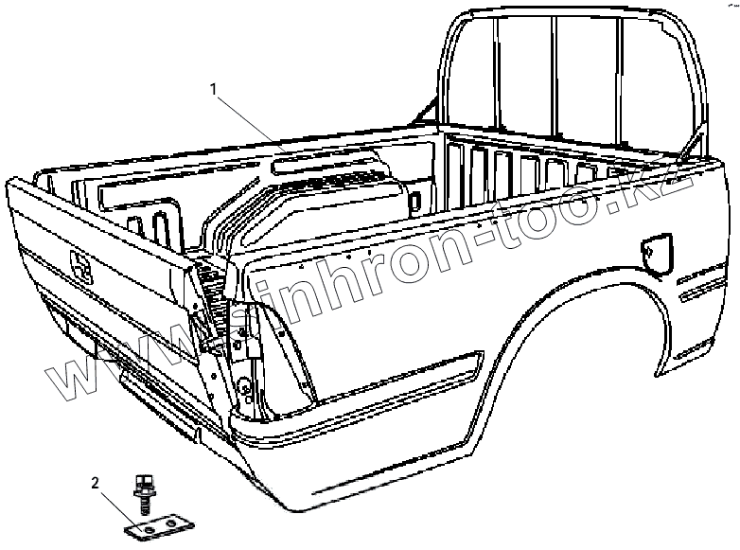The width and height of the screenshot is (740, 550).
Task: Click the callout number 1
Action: [x=215, y=89]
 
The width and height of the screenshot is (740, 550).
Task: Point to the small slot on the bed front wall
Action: [x=414, y=199]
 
